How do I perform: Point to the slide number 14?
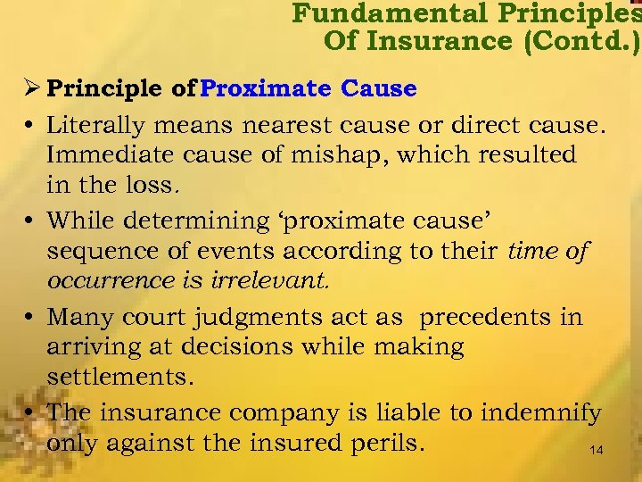(x=597, y=452)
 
